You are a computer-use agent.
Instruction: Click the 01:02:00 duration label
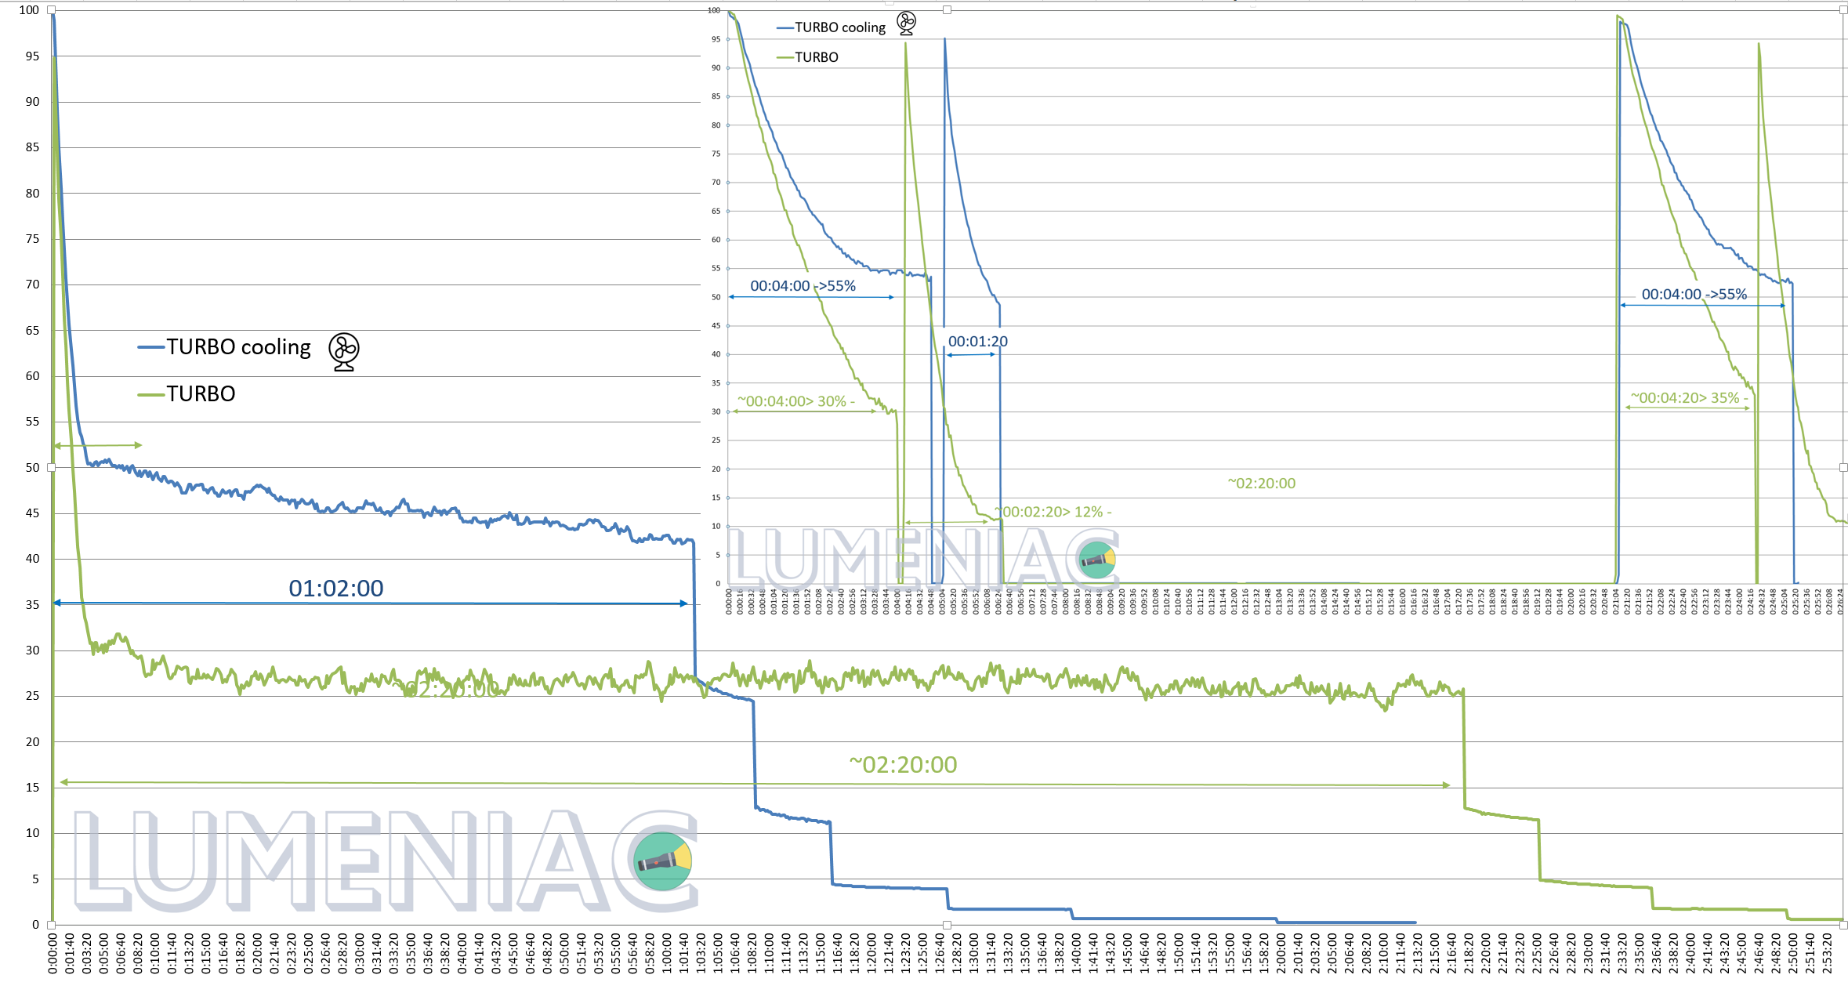(335, 588)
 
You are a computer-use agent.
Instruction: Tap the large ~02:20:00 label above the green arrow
(903, 764)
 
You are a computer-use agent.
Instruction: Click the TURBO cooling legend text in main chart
(238, 347)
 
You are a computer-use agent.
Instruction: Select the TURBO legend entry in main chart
(201, 393)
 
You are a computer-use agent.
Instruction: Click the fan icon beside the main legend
(343, 351)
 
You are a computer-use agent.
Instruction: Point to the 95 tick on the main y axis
(32, 56)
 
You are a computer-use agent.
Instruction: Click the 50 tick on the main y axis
(32, 468)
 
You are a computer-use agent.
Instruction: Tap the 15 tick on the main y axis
(32, 788)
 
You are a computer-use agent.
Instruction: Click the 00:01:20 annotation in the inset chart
(977, 342)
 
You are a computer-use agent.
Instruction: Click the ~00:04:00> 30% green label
(795, 401)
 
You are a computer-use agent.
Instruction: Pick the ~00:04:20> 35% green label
(1689, 398)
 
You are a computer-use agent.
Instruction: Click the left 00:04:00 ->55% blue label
(803, 286)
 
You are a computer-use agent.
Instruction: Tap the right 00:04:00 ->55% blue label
(1694, 295)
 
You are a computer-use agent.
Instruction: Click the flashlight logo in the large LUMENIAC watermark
(662, 861)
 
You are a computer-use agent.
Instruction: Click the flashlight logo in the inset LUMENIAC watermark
(1097, 560)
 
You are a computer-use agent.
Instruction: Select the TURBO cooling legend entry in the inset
(839, 27)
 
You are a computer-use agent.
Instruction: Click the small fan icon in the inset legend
(906, 24)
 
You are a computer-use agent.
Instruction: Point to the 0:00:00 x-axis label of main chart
(53, 953)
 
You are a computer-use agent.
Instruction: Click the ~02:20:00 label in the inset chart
(1261, 484)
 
